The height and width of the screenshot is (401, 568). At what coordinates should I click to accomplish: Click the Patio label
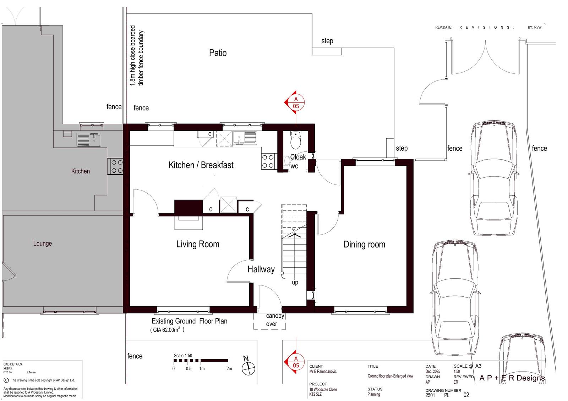tap(218, 53)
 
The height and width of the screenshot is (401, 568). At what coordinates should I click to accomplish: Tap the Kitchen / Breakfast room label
tap(201, 165)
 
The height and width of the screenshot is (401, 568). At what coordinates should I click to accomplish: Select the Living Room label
tap(198, 244)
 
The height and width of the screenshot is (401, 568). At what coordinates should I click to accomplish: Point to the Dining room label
tap(364, 244)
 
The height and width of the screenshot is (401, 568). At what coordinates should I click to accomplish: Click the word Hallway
tap(261, 269)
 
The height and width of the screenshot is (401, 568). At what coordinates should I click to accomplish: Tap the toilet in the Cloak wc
tap(295, 140)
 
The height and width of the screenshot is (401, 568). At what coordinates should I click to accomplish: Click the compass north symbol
tap(248, 366)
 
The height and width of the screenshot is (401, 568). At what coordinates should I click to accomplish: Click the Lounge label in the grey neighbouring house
tap(42, 244)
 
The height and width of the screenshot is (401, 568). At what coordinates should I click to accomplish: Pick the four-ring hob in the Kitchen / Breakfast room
tap(268, 161)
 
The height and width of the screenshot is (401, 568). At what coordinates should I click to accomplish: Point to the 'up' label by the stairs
tap(295, 283)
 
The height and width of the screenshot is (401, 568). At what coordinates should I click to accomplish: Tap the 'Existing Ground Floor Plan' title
tap(190, 321)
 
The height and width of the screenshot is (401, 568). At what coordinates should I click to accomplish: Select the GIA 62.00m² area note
tap(167, 330)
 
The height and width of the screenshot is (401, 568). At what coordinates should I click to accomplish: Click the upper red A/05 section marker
tap(295, 102)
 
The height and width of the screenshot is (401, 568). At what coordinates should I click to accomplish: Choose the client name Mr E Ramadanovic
tap(323, 371)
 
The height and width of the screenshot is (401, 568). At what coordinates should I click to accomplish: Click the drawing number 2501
tap(430, 395)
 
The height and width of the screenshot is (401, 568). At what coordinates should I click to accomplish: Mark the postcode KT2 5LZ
tap(316, 394)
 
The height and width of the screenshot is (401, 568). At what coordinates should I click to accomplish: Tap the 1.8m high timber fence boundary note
tap(137, 56)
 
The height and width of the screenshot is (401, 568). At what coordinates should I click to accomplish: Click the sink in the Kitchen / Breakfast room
tap(245, 138)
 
